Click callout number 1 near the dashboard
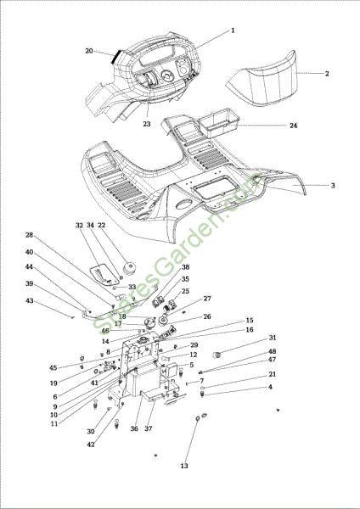pos(233,31)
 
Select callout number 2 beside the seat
pos(327,73)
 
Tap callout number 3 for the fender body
pos(333,185)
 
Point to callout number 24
pos(294,126)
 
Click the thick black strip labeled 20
pos(116,57)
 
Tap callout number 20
pos(89,51)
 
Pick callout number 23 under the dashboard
pos(147,124)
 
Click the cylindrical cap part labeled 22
pos(129,268)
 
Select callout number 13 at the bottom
pos(184,466)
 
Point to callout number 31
pos(273,338)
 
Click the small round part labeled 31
pos(217,355)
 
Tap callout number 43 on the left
pos(29,301)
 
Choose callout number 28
pos(29,235)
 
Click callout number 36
pos(134,428)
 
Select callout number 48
pos(273,351)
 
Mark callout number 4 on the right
pos(270,387)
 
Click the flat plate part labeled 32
pos(103,274)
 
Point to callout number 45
pos(53,368)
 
